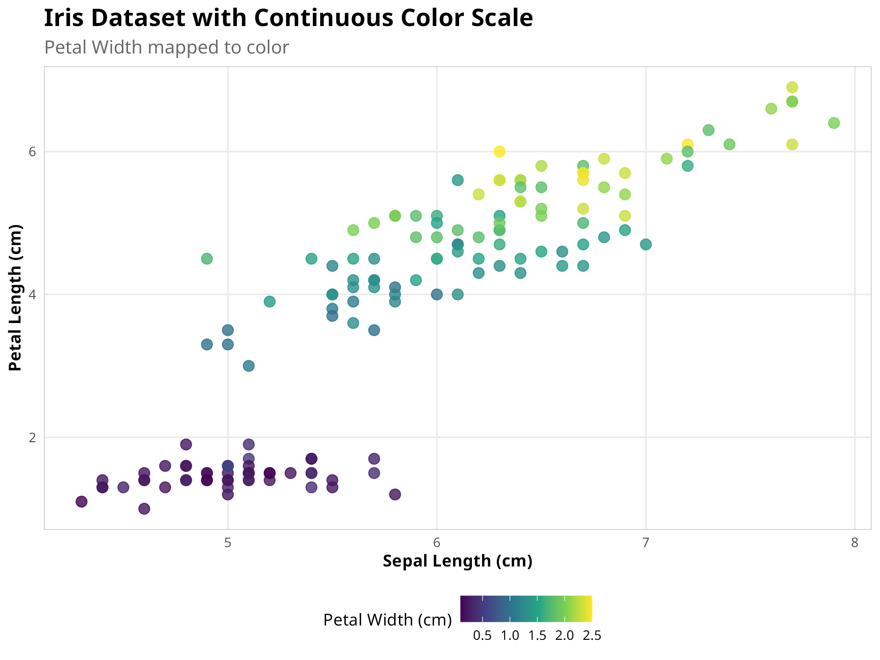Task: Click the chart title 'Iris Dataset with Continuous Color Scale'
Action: [288, 18]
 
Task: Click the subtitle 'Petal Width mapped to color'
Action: [166, 47]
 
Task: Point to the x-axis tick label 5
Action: [228, 543]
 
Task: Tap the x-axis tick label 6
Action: [436, 543]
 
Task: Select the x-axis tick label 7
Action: [646, 543]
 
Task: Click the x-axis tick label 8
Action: [855, 543]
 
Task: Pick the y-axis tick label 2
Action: [32, 437]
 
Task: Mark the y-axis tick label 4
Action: [32, 295]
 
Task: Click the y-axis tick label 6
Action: [32, 152]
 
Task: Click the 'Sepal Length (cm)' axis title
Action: [458, 561]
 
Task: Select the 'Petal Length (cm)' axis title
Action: [15, 298]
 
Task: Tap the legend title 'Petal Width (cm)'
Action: [388, 620]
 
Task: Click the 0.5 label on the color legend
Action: [482, 636]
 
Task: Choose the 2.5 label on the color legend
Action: [591, 636]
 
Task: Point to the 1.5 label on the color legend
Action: [537, 636]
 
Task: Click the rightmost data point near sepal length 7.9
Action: [834, 123]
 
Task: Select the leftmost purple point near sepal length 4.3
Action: [81, 502]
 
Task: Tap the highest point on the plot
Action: [792, 87]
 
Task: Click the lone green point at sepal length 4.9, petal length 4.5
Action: [207, 258]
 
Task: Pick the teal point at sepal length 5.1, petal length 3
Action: [249, 366]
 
